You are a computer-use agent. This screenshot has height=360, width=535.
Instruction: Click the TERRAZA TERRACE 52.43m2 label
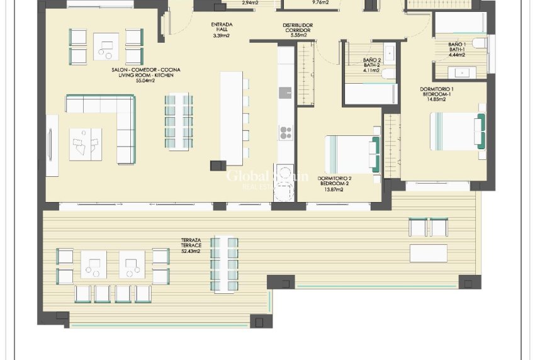tap(191, 245)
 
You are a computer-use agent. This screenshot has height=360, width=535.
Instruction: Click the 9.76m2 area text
tap(321, 3)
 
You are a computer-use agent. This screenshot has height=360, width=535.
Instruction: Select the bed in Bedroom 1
tap(456, 131)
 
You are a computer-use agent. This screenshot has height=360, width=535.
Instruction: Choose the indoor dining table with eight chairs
tap(178, 121)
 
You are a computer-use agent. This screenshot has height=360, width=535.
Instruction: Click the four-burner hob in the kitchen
tap(286, 132)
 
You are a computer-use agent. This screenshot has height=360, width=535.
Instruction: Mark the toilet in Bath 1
tap(478, 43)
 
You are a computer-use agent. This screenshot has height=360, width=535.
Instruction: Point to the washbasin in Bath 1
tap(465, 72)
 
